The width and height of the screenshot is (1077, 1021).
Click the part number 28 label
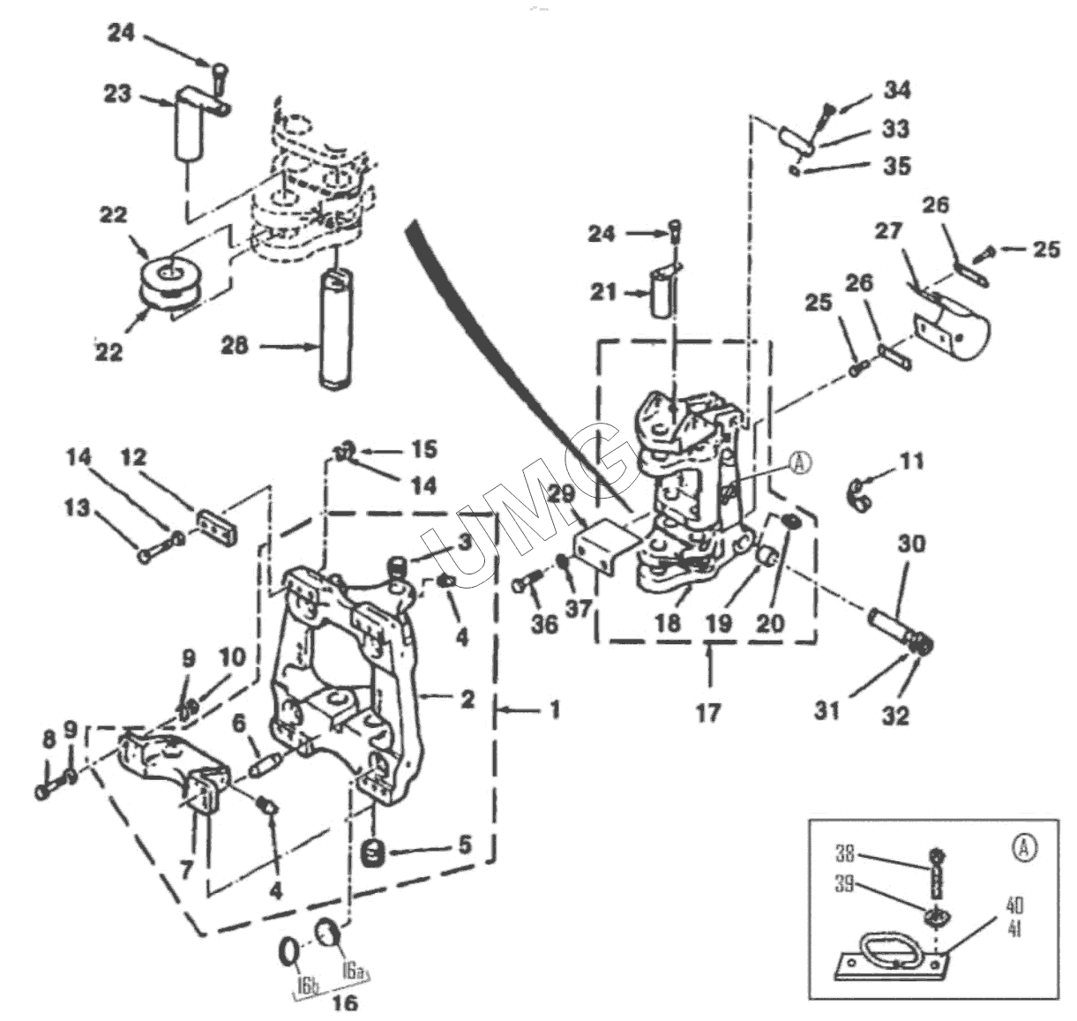(x=236, y=346)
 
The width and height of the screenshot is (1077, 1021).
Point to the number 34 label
(x=897, y=90)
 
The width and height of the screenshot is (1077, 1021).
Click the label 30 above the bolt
(x=911, y=544)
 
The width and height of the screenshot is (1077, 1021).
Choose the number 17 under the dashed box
(x=708, y=711)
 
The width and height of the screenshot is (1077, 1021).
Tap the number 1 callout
(x=554, y=709)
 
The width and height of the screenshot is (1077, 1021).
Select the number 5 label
(x=465, y=845)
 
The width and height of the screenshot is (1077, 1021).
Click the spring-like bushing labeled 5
(x=376, y=852)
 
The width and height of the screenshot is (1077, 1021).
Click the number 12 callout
(x=134, y=458)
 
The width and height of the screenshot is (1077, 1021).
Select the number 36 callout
(x=544, y=623)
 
